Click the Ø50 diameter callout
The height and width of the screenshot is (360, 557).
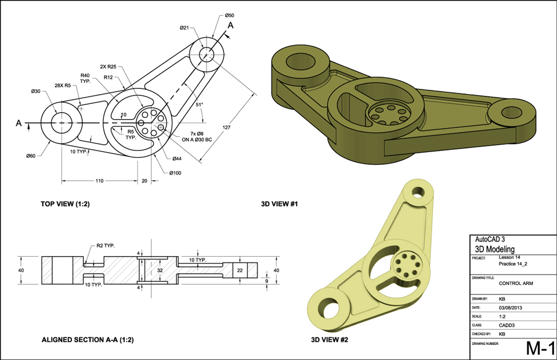pos(230,15)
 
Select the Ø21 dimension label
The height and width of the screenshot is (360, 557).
pos(185,27)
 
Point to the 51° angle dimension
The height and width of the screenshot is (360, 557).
pos(200,105)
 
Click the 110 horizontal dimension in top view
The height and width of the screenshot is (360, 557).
pos(100,181)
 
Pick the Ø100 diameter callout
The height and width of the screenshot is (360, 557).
pos(175,172)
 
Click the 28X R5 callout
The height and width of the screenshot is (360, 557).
pos(62,85)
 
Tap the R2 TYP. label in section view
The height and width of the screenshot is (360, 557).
pos(106,246)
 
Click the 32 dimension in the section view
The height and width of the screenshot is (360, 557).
pos(160,270)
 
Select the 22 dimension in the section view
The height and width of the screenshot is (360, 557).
pos(240,270)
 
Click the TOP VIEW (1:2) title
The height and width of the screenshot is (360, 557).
pos(65,204)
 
